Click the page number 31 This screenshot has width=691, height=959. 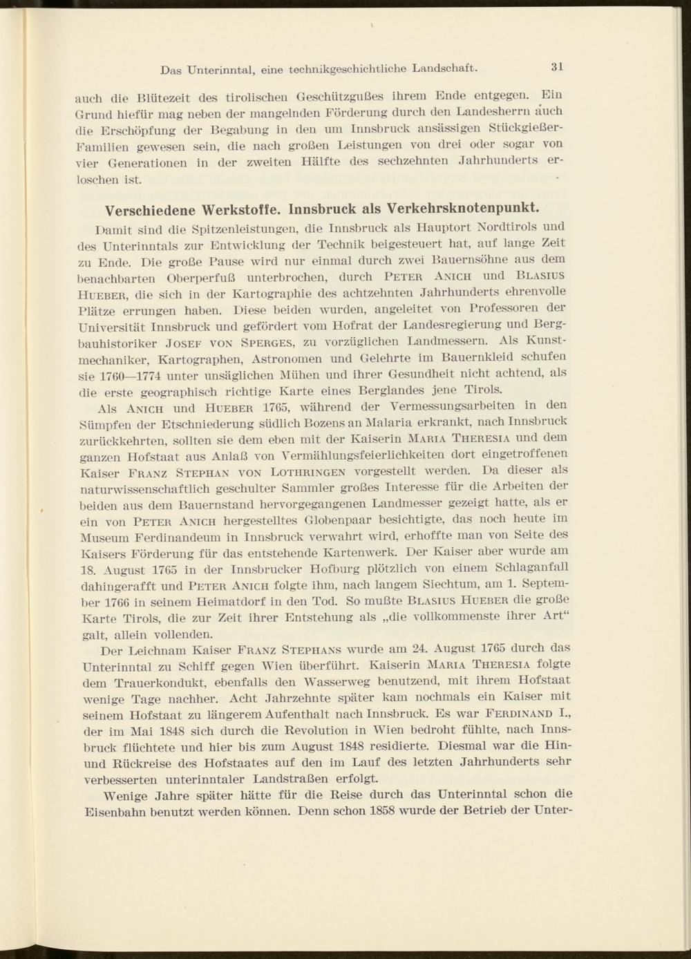[x=558, y=67]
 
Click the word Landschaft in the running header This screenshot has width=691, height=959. [x=445, y=68]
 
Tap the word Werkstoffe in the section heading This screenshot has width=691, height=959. [x=240, y=209]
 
